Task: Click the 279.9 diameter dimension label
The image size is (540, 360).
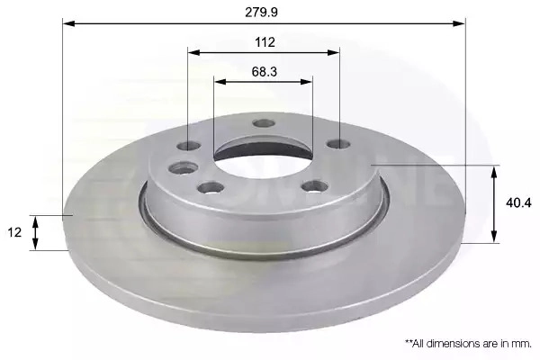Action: point(261,13)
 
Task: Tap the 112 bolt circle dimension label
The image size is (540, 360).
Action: point(265,42)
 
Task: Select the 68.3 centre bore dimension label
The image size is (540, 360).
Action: point(264,72)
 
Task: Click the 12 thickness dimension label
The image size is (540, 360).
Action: point(14,232)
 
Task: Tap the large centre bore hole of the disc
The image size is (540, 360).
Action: point(264,156)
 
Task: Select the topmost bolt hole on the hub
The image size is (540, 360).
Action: point(264,123)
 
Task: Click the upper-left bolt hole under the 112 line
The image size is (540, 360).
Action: point(189,146)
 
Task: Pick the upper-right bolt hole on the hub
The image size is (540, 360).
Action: point(339,144)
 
